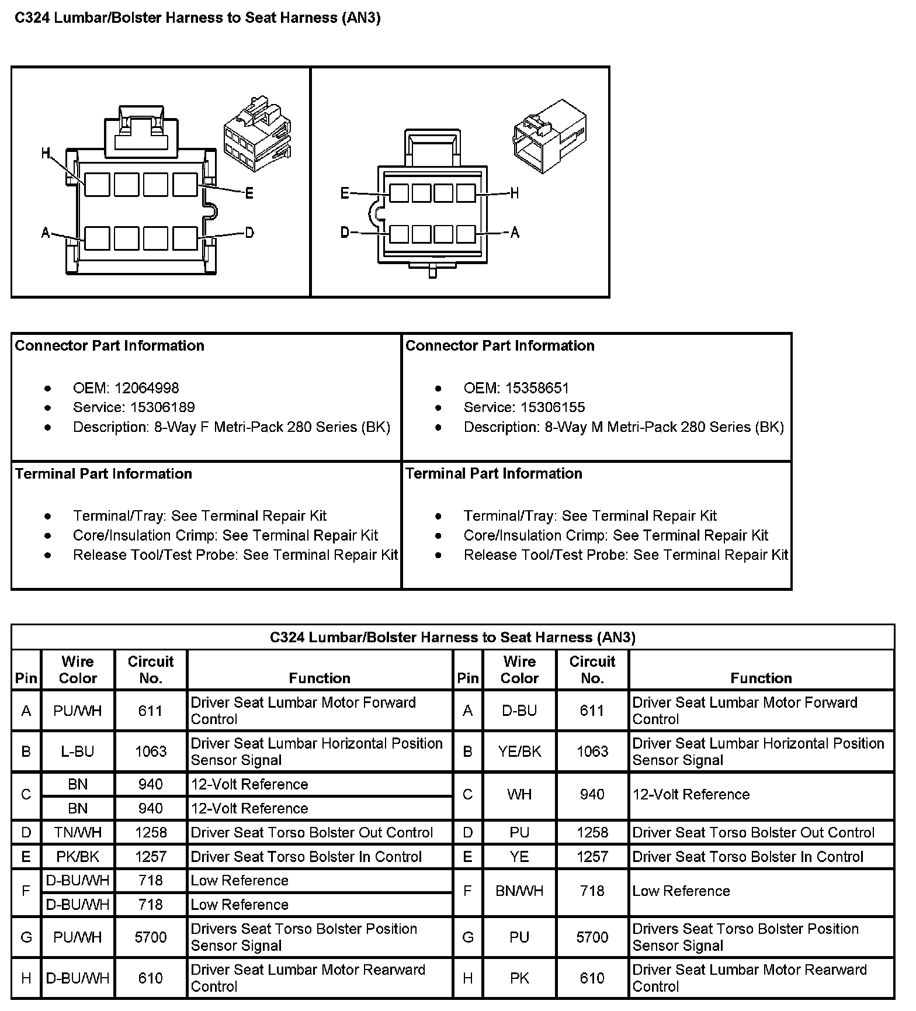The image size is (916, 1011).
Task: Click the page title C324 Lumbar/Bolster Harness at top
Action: (x=197, y=18)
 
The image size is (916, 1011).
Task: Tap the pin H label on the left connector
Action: (x=46, y=154)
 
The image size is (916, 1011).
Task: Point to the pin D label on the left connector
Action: (x=249, y=233)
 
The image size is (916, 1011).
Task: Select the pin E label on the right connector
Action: (x=345, y=193)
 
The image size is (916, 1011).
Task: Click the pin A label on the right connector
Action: (x=515, y=233)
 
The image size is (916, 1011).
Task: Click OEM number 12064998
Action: (x=147, y=388)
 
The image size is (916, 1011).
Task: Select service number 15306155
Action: (x=553, y=407)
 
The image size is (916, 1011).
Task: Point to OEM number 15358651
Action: (x=537, y=388)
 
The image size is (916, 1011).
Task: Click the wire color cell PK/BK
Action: (x=78, y=857)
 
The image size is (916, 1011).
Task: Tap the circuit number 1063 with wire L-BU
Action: (x=151, y=752)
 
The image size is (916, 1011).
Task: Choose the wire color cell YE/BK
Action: (x=519, y=752)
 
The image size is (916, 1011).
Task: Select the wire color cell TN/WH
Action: (x=78, y=833)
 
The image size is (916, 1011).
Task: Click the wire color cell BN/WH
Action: (x=519, y=891)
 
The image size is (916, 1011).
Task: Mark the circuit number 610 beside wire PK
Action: (x=592, y=978)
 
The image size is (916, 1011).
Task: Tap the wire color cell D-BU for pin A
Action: (x=519, y=711)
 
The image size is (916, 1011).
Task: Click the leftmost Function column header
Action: (x=320, y=678)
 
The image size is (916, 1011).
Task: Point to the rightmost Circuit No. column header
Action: (x=592, y=670)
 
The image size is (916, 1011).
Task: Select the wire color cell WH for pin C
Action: (x=519, y=795)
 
